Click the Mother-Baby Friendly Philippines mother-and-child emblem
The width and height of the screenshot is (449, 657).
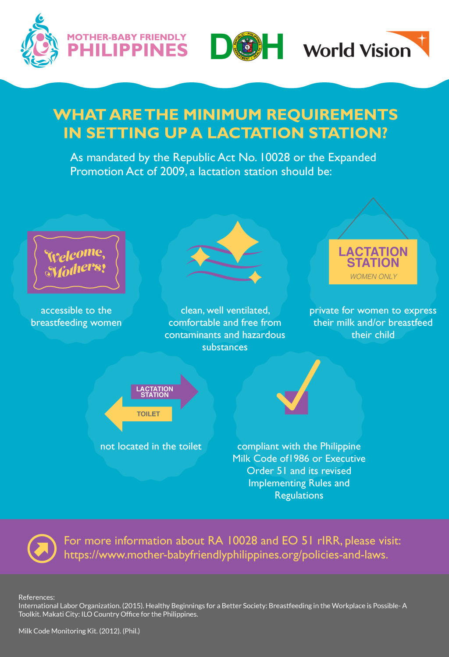tap(39, 42)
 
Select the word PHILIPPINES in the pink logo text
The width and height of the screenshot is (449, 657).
tap(128, 50)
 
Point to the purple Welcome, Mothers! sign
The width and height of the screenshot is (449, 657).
tap(76, 262)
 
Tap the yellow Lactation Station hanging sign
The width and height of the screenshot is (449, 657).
tap(373, 261)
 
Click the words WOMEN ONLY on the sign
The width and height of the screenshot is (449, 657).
tap(373, 276)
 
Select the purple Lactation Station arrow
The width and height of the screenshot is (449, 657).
tap(164, 392)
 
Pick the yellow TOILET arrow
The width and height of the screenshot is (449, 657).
tap(139, 414)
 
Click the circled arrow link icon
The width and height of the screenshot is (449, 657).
tap(42, 548)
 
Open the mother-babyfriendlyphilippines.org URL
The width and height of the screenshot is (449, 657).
tap(226, 555)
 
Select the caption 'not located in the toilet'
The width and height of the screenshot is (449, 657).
tap(151, 446)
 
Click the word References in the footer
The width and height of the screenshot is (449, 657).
tap(36, 597)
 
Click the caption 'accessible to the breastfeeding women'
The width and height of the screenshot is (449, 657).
tap(76, 316)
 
